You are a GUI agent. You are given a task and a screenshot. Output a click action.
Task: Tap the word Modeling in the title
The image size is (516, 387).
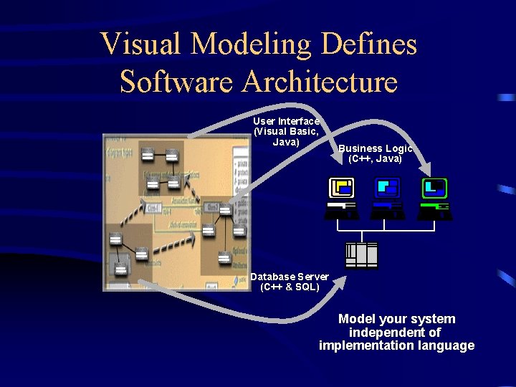pyautogui.click(x=250, y=44)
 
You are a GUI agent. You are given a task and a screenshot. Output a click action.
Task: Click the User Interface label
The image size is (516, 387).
pyautogui.click(x=286, y=121)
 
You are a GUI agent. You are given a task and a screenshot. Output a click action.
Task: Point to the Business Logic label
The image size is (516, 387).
pyautogui.click(x=376, y=148)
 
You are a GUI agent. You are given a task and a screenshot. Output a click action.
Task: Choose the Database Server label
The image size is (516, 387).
pyautogui.click(x=290, y=277)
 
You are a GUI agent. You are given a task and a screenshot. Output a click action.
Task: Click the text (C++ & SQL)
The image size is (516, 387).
pyautogui.click(x=290, y=287)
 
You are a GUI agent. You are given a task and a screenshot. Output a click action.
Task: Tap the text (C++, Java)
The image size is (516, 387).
pyautogui.click(x=376, y=158)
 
